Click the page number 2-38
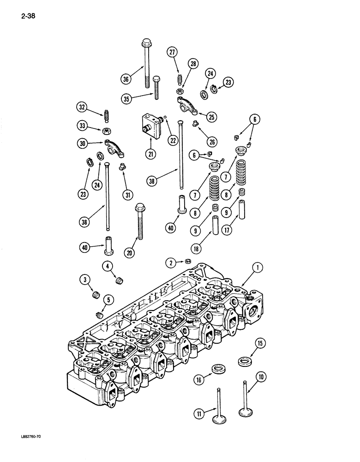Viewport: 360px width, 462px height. click(28, 18)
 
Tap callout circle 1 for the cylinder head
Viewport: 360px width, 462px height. click(258, 267)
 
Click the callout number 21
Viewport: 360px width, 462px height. click(150, 155)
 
